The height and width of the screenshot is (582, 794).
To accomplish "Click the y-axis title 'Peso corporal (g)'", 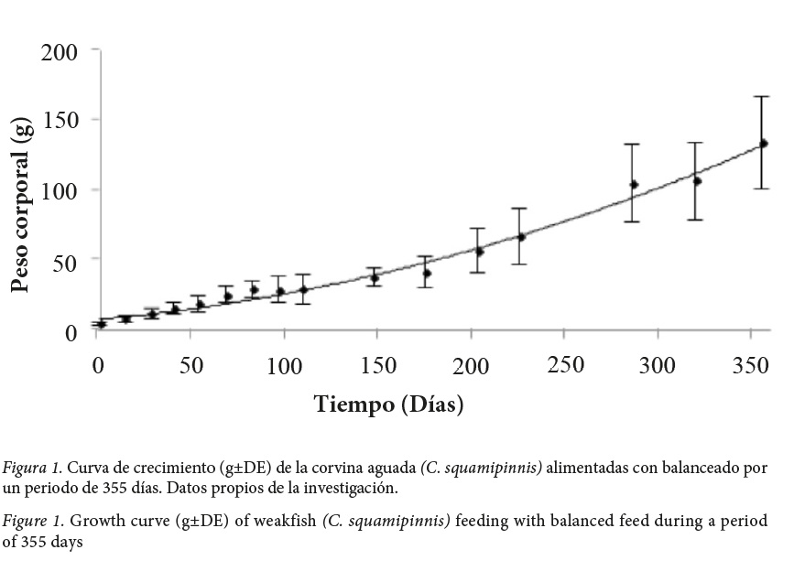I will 23,206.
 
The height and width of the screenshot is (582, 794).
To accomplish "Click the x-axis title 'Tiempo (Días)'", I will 388,404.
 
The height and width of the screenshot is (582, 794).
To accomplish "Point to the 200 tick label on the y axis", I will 59,51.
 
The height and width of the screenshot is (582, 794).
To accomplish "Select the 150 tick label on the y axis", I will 59,120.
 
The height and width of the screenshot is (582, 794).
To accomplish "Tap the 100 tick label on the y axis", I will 59,190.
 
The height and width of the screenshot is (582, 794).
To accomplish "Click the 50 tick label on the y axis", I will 64,260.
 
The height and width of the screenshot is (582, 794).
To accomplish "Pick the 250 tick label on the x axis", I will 565,364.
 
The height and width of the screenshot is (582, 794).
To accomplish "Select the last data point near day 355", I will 763,143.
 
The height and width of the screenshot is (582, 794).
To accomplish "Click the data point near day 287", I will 633,184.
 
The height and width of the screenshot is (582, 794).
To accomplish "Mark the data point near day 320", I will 696,181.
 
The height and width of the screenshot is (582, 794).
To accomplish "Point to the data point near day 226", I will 521,237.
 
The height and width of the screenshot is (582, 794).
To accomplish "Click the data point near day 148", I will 374,277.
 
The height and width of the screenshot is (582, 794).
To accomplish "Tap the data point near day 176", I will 426,273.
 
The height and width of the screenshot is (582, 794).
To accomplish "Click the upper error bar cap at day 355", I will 763,96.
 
